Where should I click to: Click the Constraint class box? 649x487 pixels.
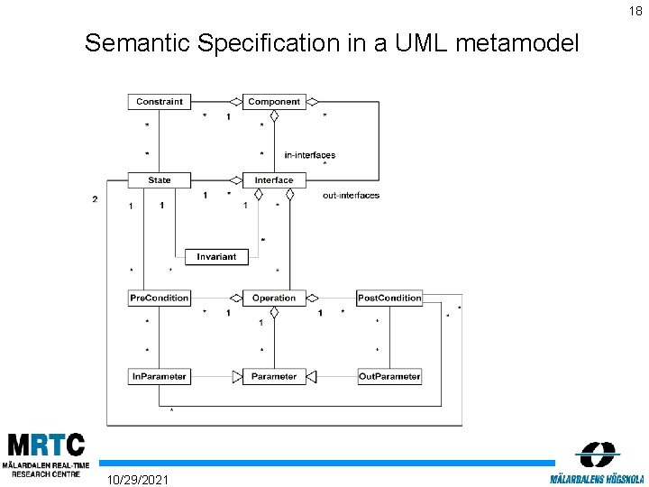[x=160, y=102]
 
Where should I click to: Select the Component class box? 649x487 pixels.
[x=274, y=102]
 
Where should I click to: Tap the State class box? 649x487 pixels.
[x=160, y=180]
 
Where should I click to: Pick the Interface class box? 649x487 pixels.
[x=274, y=180]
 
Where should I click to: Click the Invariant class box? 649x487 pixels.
[x=216, y=257]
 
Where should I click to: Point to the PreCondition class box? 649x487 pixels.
[x=160, y=298]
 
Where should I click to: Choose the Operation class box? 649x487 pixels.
[x=274, y=298]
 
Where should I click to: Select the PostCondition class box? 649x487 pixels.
[x=389, y=298]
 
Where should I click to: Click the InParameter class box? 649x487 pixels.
[x=160, y=376]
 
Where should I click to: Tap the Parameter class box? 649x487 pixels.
[x=274, y=376]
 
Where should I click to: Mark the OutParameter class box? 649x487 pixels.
[x=389, y=376]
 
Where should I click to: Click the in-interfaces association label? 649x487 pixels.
[x=309, y=155]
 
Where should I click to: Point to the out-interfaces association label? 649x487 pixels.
[x=351, y=196]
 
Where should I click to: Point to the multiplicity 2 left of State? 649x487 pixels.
[x=95, y=199]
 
